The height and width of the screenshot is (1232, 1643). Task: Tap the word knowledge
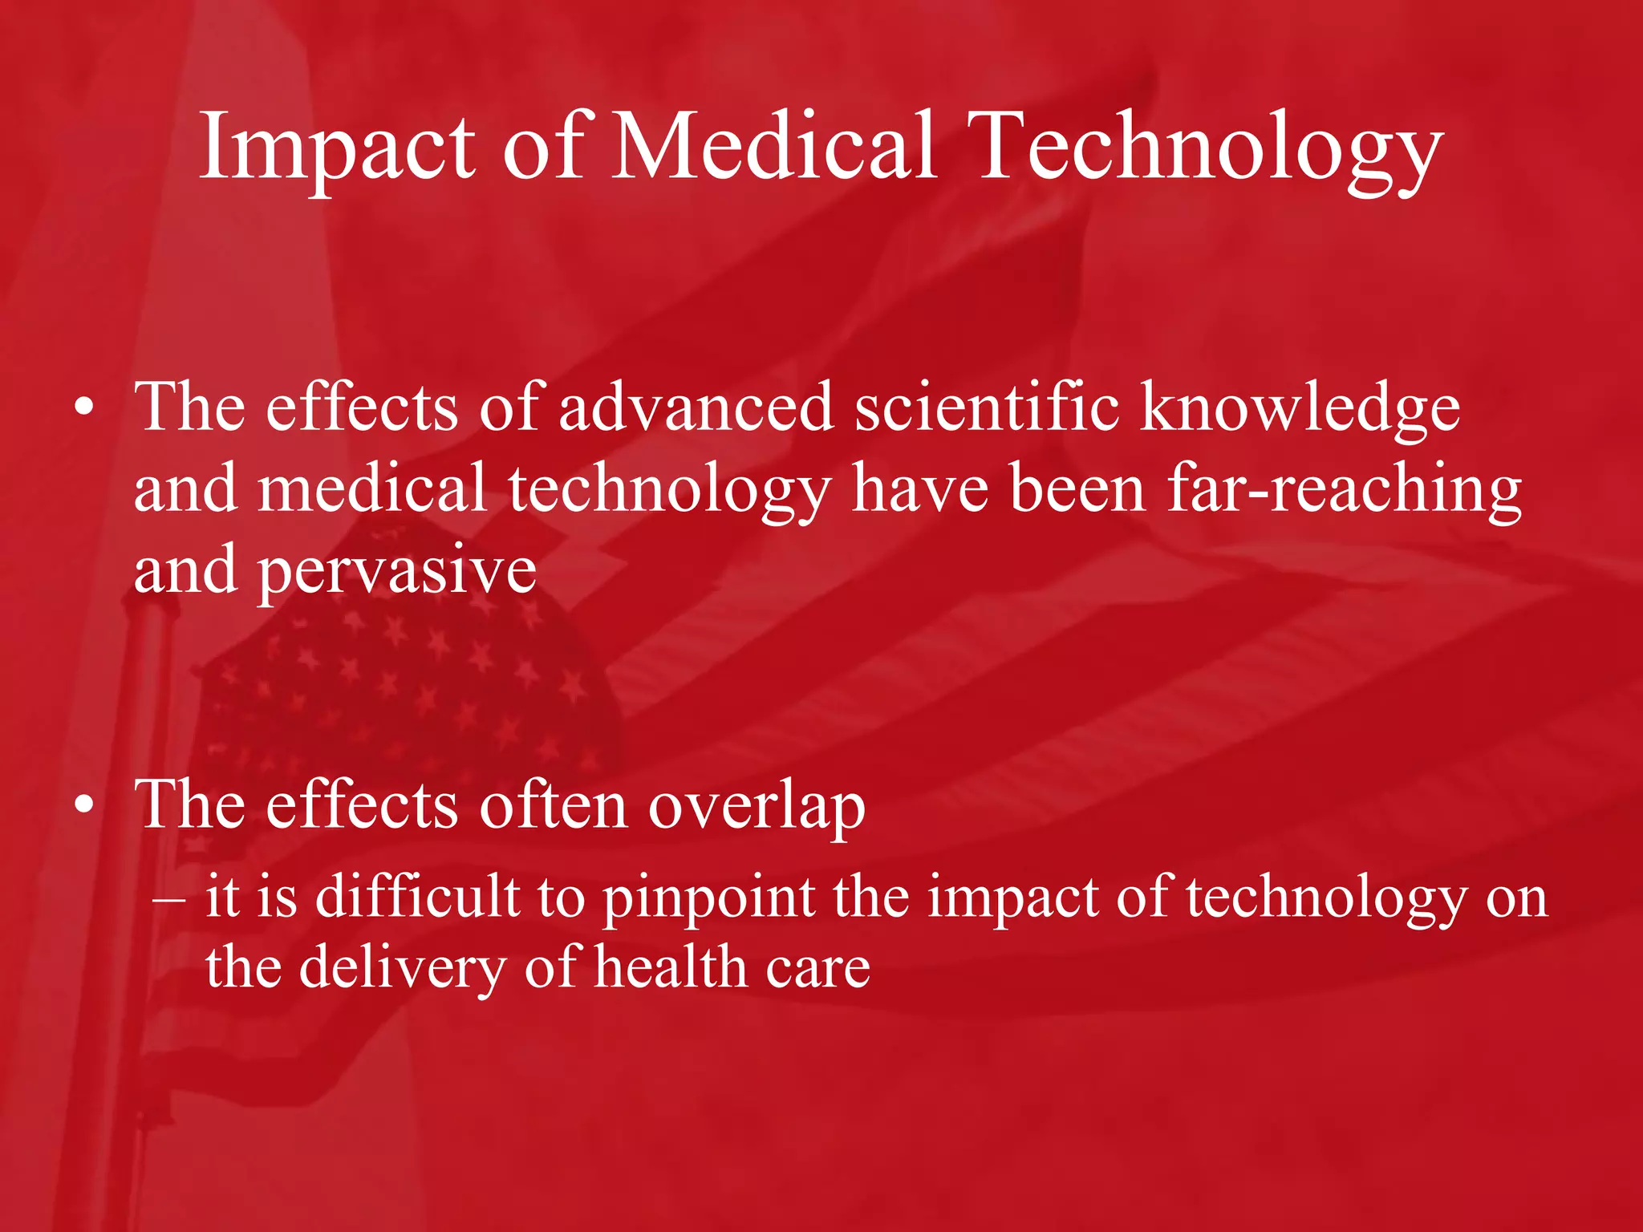tap(1300, 409)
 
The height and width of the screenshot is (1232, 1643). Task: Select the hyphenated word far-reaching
tap(1345, 490)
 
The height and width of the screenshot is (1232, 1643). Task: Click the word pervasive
tap(396, 572)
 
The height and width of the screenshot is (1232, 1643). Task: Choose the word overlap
tap(757, 806)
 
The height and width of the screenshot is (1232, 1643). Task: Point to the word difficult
tap(417, 896)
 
